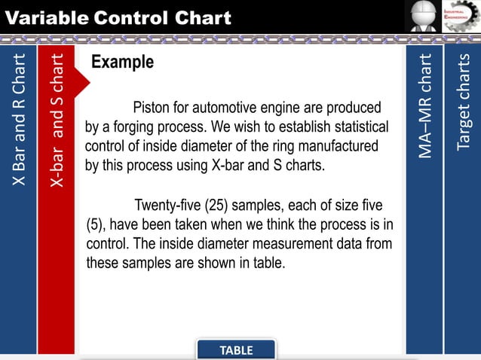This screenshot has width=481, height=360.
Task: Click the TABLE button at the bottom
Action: (x=236, y=350)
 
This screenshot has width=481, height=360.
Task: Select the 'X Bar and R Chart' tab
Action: (x=19, y=121)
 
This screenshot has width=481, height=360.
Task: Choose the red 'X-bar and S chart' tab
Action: (x=57, y=121)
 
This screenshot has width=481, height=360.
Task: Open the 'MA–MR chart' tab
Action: (x=425, y=105)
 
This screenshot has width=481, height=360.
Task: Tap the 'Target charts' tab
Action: (x=463, y=102)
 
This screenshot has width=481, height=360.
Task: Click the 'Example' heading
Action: (x=122, y=63)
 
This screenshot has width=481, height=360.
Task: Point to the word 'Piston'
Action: (x=152, y=107)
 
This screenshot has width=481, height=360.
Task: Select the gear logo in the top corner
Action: (x=461, y=17)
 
